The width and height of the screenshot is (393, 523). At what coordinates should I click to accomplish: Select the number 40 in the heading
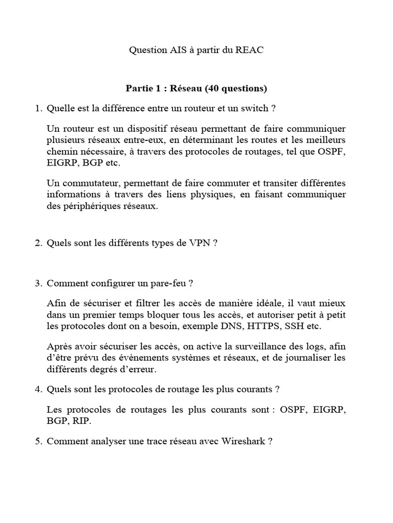coord(214,89)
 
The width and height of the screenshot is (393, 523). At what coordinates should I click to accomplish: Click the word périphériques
coord(86,207)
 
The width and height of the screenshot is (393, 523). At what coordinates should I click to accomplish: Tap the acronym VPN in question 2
coord(200,244)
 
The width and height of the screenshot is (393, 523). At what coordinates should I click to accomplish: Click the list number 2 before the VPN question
coord(38,244)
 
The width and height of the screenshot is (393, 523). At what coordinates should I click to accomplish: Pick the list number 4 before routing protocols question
coord(38,390)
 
